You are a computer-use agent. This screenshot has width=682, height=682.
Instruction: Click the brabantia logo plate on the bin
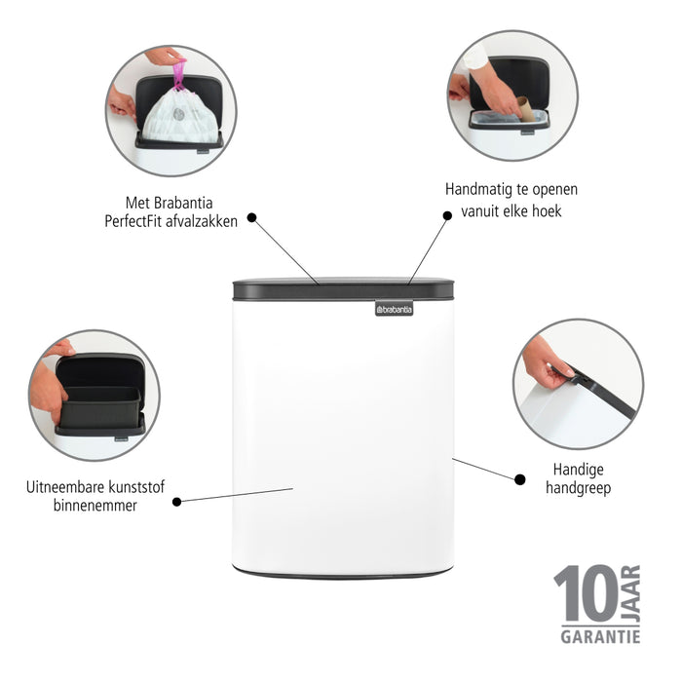(394, 309)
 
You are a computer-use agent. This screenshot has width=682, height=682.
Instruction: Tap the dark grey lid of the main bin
(343, 289)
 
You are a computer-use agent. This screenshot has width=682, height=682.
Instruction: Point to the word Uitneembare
(67, 485)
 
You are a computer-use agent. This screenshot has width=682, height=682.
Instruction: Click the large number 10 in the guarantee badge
(585, 593)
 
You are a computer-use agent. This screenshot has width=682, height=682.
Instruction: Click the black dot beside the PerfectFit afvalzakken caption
(251, 218)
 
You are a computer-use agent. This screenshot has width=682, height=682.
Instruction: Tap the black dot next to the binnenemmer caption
(176, 502)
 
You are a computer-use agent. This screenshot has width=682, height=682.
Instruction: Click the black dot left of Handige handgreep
(518, 477)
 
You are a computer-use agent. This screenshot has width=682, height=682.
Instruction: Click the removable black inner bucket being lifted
(100, 407)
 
